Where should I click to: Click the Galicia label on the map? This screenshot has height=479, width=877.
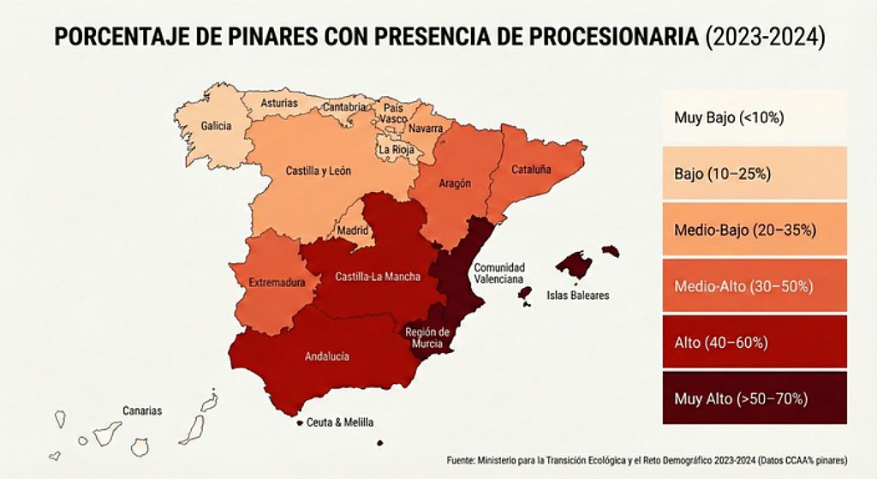pyautogui.click(x=216, y=126)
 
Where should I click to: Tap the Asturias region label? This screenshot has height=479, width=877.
pyautogui.click(x=279, y=104)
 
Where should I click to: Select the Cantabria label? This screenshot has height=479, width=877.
pyautogui.click(x=344, y=108)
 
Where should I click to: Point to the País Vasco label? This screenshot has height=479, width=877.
pyautogui.click(x=394, y=114)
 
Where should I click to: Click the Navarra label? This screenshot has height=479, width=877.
pyautogui.click(x=427, y=129)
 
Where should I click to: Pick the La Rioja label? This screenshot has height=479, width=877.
pyautogui.click(x=397, y=149)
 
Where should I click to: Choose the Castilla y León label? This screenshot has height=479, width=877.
pyautogui.click(x=318, y=171)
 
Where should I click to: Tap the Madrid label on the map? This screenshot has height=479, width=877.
pyautogui.click(x=352, y=231)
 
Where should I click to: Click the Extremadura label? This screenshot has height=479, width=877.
pyautogui.click(x=272, y=282)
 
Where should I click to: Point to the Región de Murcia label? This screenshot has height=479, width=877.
pyautogui.click(x=427, y=338)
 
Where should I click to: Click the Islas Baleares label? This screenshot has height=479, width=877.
pyautogui.click(x=577, y=296)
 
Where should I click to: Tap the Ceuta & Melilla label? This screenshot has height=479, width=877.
pyautogui.click(x=340, y=422)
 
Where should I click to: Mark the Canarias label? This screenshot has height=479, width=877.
pyautogui.click(x=141, y=410)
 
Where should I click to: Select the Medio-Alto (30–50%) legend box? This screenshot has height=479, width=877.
pyautogui.click(x=754, y=285)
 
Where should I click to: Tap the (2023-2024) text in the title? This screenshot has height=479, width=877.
pyautogui.click(x=764, y=38)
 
